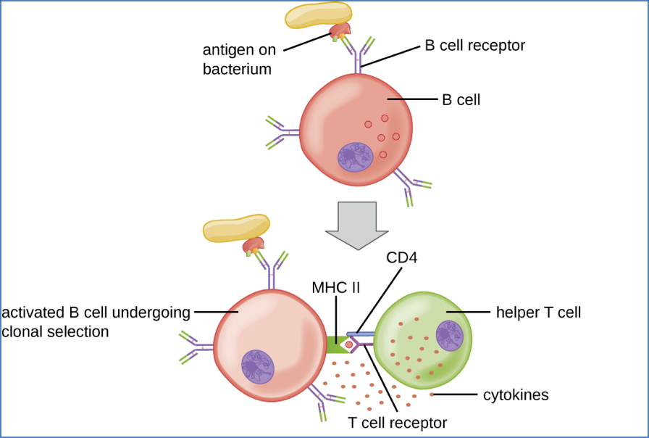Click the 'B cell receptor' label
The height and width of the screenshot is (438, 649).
474,46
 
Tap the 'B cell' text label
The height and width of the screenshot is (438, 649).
461,100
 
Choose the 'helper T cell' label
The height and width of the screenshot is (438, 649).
538,313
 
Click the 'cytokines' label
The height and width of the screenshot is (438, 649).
516,395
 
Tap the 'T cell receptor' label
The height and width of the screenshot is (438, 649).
398,421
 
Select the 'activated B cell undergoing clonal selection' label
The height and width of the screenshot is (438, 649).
96,322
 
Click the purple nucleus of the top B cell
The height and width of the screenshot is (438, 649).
355,158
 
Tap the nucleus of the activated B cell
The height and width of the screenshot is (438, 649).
257,366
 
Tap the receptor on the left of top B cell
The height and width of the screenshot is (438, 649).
282,132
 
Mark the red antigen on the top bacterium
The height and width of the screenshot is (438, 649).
340,30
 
